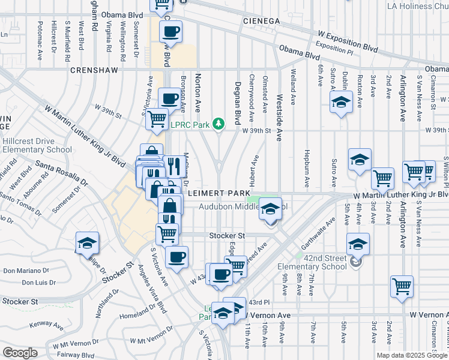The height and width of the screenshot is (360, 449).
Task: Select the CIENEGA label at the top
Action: (262, 21)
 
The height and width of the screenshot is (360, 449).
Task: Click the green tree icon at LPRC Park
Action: (220, 124)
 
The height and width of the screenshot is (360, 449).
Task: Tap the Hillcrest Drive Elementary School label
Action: (37, 145)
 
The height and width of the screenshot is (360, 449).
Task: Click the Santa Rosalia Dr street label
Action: (61, 173)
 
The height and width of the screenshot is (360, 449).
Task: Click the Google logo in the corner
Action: (20, 353)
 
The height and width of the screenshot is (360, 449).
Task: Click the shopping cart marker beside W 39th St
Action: (157, 119)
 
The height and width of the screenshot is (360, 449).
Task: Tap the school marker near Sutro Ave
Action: (341, 103)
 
